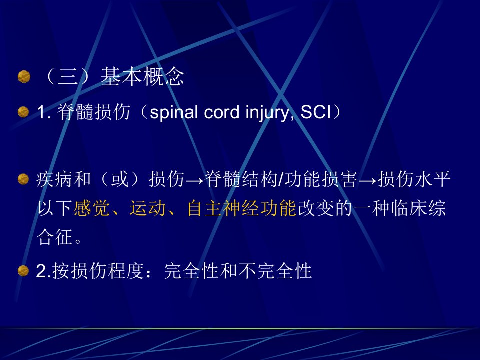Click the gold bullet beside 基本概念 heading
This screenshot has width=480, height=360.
pyautogui.click(x=24, y=77)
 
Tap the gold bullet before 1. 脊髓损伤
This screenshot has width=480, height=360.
pyautogui.click(x=23, y=112)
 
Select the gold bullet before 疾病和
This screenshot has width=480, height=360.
pyautogui.click(x=23, y=179)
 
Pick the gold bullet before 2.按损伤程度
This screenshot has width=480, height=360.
pyautogui.click(x=23, y=271)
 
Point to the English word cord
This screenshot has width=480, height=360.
pyautogui.click(x=222, y=112)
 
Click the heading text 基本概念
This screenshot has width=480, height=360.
pyautogui.click(x=142, y=76)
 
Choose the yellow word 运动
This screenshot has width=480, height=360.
pyautogui.click(x=148, y=208)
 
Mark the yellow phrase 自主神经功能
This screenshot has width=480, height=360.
pyautogui.click(x=242, y=208)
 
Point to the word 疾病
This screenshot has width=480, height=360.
pyautogui.click(x=54, y=179)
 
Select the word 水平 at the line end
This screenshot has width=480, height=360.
pyautogui.click(x=432, y=179)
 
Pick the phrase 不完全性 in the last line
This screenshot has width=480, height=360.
pyautogui.click(x=275, y=271)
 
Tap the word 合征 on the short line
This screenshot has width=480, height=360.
pyautogui.click(x=54, y=237)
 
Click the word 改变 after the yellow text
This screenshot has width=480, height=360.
pyautogui.click(x=316, y=208)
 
